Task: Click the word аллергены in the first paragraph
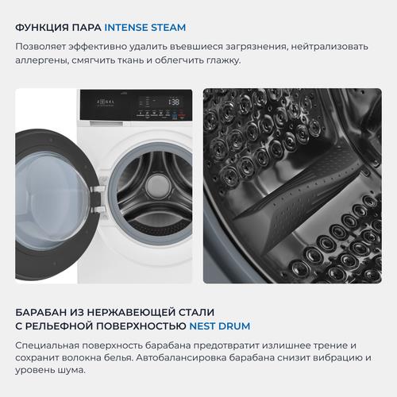coord(42,60)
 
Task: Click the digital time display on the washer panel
coord(174,102)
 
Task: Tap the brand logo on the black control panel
coord(106,102)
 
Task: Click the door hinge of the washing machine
coord(97,198)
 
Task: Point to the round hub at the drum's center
coord(157,184)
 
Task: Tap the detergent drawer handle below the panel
coord(106,123)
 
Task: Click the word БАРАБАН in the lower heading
coord(41,312)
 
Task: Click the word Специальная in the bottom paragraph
coord(47,345)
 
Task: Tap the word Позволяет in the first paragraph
coord(40,47)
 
